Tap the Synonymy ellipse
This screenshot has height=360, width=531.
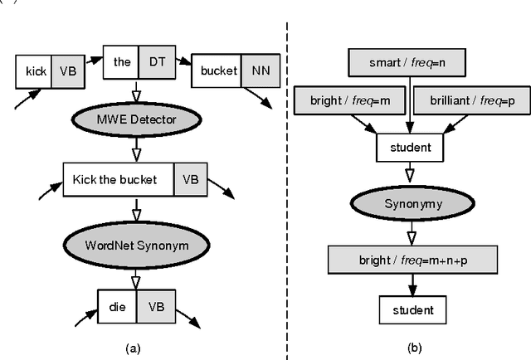[x=408, y=202]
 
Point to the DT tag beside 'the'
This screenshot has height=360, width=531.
[x=156, y=61]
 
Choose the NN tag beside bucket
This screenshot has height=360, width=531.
[x=258, y=72]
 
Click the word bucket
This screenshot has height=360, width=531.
[x=218, y=72]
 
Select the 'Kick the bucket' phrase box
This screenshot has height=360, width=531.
[x=118, y=179]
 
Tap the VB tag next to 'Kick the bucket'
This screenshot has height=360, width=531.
[x=191, y=179]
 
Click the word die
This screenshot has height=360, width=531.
[x=117, y=304]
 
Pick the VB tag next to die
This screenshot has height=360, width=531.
[x=155, y=304]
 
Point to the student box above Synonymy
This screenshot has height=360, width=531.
[x=408, y=148]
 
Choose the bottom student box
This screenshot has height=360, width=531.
[x=408, y=309]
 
